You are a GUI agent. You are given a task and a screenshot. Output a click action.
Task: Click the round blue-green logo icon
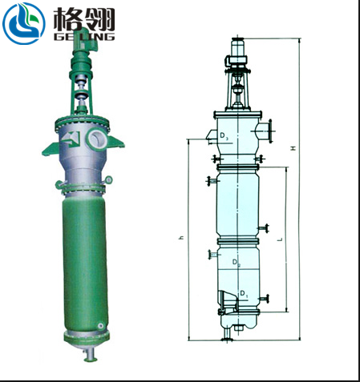tap(23, 23)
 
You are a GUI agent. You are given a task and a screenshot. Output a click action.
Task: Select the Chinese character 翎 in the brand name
tap(99, 18)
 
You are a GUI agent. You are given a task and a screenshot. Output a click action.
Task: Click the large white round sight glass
tap(98, 137)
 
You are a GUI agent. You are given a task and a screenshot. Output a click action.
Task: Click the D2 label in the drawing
tap(236, 262)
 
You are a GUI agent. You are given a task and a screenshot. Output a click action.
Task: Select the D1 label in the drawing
tap(245, 296)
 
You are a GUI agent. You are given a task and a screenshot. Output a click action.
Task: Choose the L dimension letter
tap(279, 239)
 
